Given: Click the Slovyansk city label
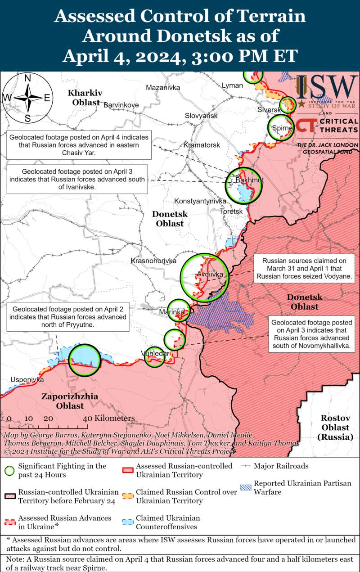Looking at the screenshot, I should (201, 116).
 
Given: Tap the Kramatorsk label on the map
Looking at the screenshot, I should (202, 145).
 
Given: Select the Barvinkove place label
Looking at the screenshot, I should (121, 105).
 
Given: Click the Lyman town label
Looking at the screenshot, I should (232, 86).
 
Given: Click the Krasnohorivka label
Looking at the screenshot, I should (153, 261).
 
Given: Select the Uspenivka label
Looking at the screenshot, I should (27, 379).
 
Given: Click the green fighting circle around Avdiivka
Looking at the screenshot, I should (205, 277).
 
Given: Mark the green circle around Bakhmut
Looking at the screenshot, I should (244, 185).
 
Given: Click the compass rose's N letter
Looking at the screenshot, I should (27, 78).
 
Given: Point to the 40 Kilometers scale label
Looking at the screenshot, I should (109, 418).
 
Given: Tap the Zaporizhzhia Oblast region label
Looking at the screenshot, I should (63, 401).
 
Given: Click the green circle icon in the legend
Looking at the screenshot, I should (9, 470).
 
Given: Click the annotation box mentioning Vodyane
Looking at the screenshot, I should (304, 269).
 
